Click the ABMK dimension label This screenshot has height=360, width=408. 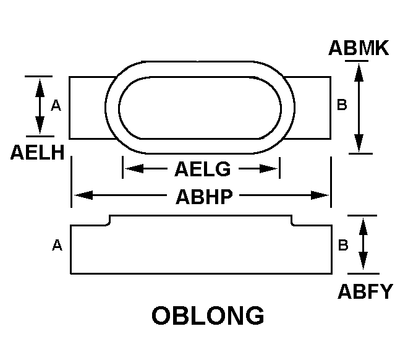point(359,48)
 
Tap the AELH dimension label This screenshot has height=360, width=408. point(37,152)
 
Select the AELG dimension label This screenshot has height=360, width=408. point(202,169)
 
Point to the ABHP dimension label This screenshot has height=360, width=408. point(204,197)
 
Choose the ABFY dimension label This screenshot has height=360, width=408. point(365,291)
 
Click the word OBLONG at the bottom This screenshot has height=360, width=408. point(208,315)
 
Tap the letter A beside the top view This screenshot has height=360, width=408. point(56,106)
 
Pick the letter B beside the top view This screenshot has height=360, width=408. point(342,105)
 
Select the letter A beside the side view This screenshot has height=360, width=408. point(57,245)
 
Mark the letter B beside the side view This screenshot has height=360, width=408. point(343,245)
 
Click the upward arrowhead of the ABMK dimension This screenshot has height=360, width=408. point(359,73)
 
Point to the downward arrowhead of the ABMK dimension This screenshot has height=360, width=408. point(359,143)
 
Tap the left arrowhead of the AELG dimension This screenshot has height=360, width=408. point(134,169)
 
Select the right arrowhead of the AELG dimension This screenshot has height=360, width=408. point(269,169)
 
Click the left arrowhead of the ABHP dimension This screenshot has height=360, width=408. point(84,195)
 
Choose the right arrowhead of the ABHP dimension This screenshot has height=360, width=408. point(320,195)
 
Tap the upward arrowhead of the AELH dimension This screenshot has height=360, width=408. point(40,88)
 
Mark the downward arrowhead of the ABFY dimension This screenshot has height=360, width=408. point(363,261)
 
